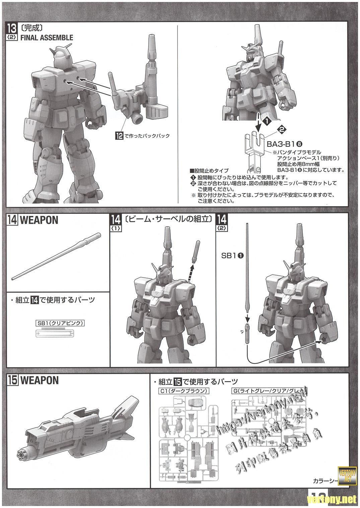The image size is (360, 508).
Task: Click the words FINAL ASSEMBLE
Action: [x=47, y=37]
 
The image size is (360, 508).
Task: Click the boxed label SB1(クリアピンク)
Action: [x=60, y=323]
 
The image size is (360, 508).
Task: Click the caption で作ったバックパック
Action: [x=147, y=136]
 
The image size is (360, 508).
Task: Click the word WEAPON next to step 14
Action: [x=39, y=220]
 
